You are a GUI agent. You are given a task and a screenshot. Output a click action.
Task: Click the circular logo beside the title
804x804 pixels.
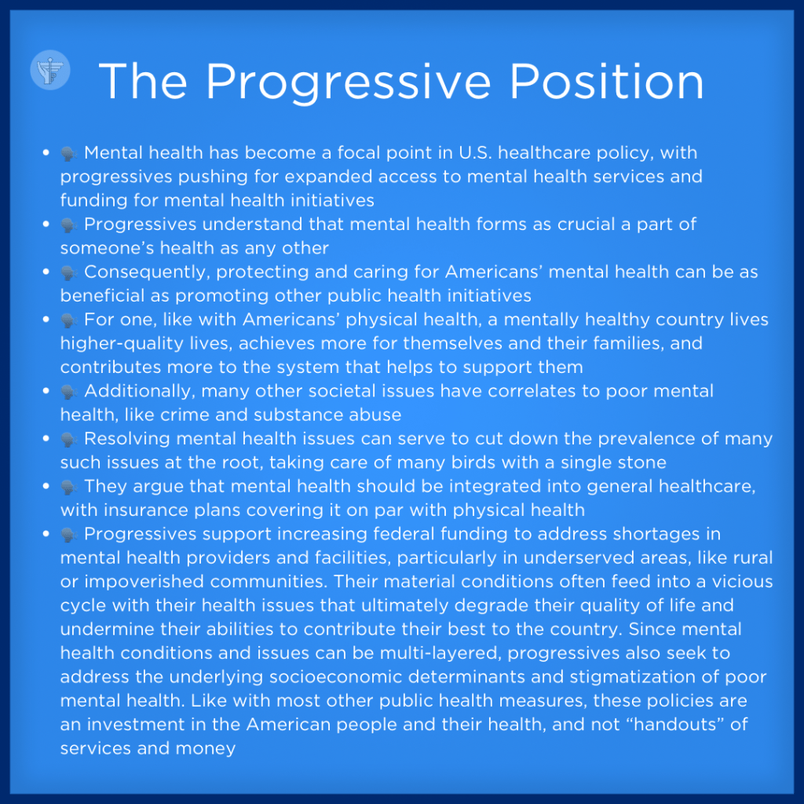pos(50,70)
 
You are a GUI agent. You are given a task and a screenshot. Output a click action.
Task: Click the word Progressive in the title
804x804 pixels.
pos(349,82)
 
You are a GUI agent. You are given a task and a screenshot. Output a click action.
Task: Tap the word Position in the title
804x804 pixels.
pos(607,81)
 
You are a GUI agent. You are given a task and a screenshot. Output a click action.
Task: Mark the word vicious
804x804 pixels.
pos(743,582)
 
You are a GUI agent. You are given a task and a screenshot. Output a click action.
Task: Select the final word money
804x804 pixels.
pos(206,749)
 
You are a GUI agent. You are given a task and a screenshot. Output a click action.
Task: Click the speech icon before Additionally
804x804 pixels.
pos(69,393)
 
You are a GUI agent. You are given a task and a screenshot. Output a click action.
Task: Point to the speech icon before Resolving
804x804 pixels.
pos(69,440)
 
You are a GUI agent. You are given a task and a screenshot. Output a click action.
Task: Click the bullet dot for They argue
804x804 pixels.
pos(46,486)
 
